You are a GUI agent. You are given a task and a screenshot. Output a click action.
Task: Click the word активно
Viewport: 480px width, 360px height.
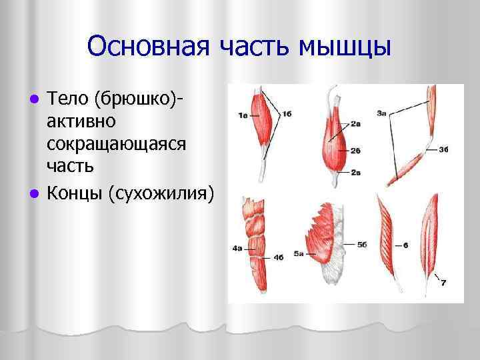(79, 123)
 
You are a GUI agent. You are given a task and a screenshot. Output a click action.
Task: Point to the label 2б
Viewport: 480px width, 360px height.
(355, 150)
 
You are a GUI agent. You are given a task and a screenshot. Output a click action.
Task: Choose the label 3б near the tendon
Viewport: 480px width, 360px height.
(443, 149)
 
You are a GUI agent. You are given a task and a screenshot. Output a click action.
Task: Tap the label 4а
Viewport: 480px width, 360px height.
(237, 249)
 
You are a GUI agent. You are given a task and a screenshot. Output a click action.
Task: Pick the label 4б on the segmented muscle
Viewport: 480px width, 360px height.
(279, 256)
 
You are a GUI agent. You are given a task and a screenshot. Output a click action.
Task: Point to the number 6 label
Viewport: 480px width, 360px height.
(406, 245)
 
